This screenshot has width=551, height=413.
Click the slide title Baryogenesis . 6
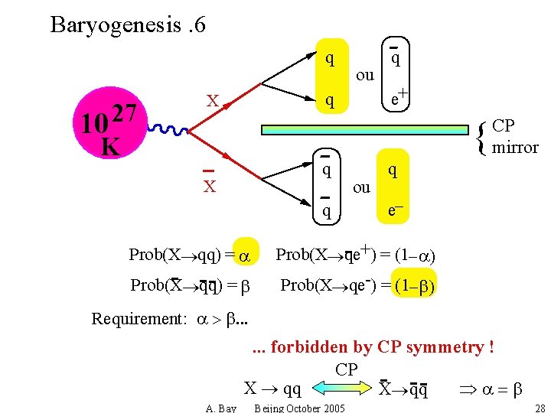(x=127, y=24)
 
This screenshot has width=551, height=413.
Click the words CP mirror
(x=515, y=136)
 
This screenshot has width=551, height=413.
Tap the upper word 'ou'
(x=365, y=75)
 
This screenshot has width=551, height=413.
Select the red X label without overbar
(x=214, y=101)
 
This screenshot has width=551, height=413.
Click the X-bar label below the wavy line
(x=209, y=184)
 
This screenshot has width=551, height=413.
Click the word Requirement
(x=137, y=318)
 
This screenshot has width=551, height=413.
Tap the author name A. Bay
(x=221, y=408)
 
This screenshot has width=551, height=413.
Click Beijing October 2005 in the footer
(x=299, y=408)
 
